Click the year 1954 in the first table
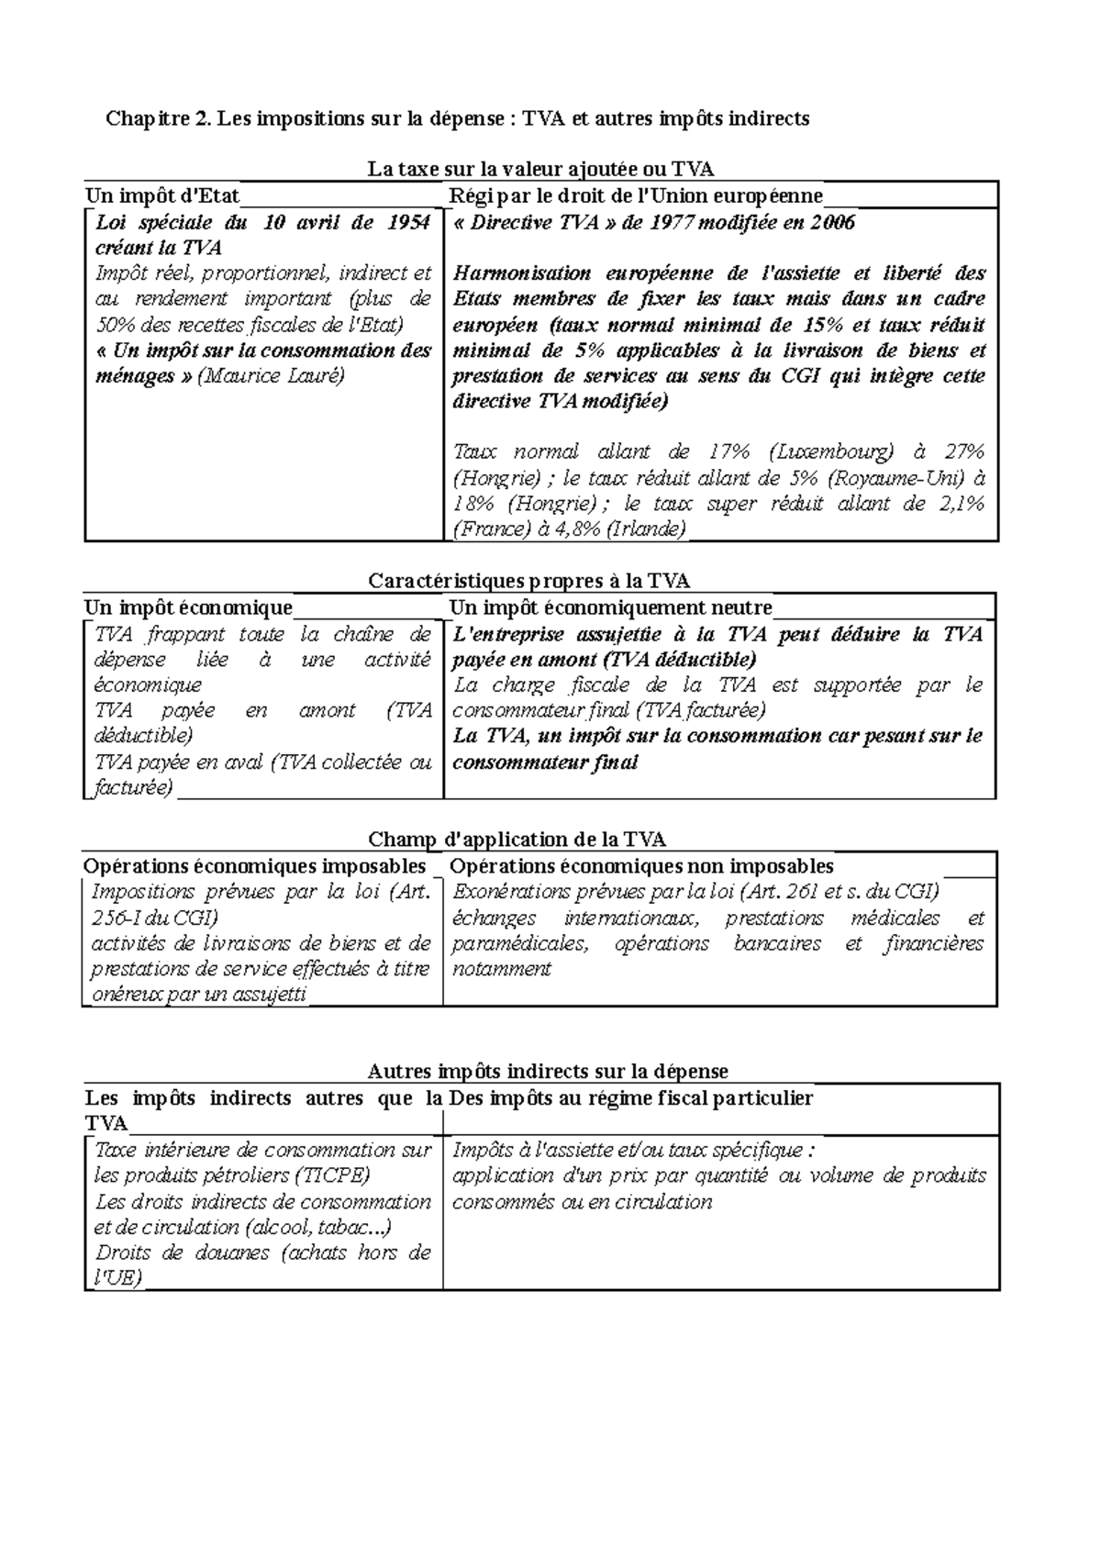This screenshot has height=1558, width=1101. click(408, 222)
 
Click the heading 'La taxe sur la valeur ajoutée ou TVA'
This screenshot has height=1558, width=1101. click(540, 169)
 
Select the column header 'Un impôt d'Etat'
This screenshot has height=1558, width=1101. click(162, 195)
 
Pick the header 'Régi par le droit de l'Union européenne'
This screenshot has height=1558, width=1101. click(636, 195)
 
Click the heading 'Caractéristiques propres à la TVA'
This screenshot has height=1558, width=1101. click(529, 581)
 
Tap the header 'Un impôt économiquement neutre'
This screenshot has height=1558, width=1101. click(610, 607)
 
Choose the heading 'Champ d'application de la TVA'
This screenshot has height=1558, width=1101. click(517, 840)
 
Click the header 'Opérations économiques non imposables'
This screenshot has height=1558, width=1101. click(642, 866)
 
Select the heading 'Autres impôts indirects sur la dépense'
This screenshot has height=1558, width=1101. click(548, 1072)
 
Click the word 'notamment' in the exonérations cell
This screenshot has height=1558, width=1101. click(501, 969)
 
